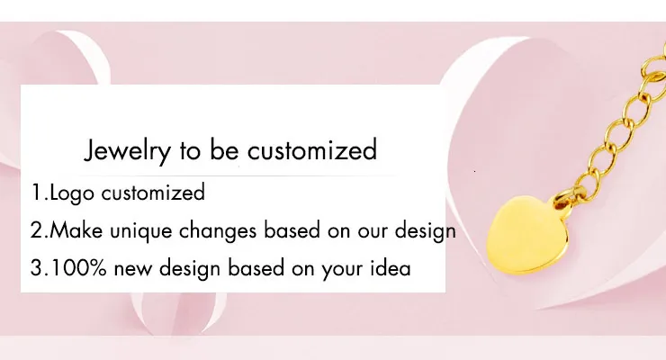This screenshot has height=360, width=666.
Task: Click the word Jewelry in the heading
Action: click(x=127, y=150)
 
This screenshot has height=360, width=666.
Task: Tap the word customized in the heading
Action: click(x=312, y=149)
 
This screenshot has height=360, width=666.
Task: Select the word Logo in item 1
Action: click(x=72, y=193)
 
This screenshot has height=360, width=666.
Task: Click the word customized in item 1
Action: click(x=153, y=192)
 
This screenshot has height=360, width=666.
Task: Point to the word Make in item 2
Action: click(x=76, y=230)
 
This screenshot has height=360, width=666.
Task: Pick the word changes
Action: click(x=218, y=231)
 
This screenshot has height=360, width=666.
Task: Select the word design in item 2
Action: click(x=425, y=231)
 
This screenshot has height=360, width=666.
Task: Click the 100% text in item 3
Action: click(x=75, y=268)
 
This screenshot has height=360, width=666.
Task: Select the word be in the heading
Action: click(x=224, y=149)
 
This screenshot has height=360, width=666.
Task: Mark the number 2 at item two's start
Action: click(x=36, y=230)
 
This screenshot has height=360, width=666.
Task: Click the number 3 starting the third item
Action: click(x=36, y=268)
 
